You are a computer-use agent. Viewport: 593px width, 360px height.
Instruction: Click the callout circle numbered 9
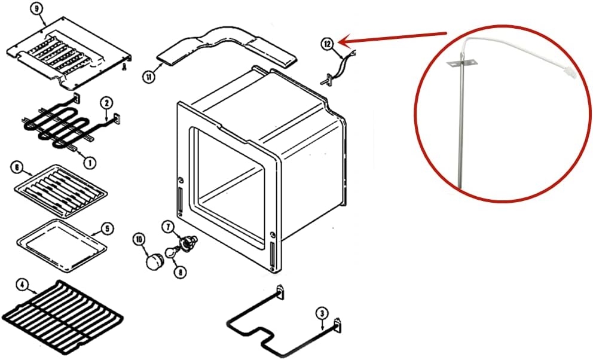pos(38,10)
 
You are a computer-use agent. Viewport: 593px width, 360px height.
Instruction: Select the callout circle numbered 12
pos(326,43)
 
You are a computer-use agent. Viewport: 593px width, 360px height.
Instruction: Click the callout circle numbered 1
pos(89,161)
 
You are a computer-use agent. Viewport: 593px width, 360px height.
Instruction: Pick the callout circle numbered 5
pos(106,228)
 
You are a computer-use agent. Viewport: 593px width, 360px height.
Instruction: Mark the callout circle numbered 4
pos(22,285)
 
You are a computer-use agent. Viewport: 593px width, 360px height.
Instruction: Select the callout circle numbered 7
pos(168,226)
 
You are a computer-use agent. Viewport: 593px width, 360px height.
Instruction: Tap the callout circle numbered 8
pos(179,271)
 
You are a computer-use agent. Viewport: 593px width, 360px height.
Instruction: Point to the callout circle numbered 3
pos(322,312)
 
